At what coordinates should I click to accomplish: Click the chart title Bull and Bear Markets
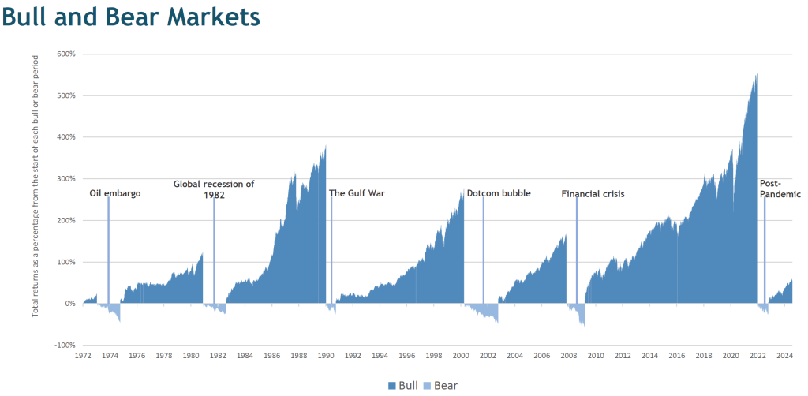[131, 17]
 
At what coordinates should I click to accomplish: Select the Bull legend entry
[402, 385]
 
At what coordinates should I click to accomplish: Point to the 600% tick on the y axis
[65, 54]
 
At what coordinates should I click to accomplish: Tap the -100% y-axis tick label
[64, 345]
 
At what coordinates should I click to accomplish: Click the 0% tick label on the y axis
[69, 303]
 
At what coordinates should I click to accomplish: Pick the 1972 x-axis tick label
[83, 356]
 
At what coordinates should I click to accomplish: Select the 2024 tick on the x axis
[784, 356]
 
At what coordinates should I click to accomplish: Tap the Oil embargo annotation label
[115, 193]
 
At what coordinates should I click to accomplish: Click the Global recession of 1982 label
[214, 189]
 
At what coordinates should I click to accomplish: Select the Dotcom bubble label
[499, 193]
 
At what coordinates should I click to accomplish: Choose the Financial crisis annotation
[593, 193]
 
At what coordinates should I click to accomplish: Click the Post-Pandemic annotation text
[780, 189]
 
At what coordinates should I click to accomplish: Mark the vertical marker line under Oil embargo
[108, 252]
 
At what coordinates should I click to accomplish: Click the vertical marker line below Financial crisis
[577, 252]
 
